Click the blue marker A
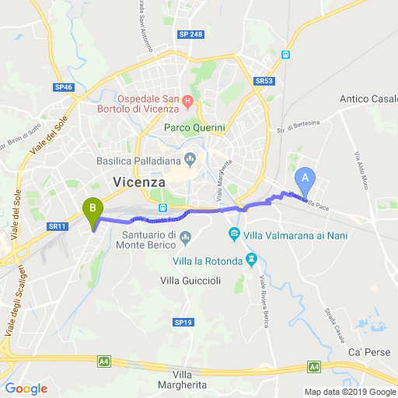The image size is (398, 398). click(x=305, y=178)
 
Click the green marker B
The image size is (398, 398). click(x=93, y=208)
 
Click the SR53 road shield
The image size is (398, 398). click(x=264, y=81)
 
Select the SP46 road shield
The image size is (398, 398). click(x=64, y=87)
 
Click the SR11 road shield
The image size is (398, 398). click(x=57, y=226)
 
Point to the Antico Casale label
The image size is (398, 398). click(x=368, y=99)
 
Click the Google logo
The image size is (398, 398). click(x=26, y=389)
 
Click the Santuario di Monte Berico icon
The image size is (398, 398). click(x=184, y=236)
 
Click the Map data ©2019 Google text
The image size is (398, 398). click(x=350, y=391)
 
